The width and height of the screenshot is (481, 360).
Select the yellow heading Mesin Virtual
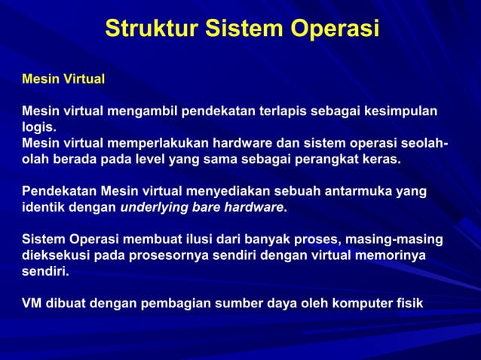point(63,78)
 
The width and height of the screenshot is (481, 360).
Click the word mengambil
point(142,111)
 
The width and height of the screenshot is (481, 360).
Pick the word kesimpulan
point(401,111)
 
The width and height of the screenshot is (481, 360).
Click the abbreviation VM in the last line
point(32,304)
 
